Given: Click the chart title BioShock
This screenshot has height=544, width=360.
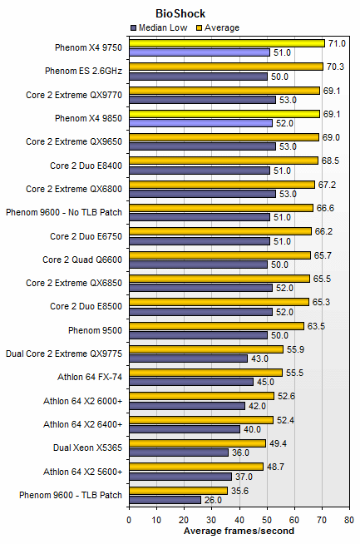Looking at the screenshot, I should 180,13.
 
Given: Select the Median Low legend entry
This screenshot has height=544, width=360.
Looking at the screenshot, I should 164,27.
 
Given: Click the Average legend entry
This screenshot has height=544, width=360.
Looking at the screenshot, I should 217,27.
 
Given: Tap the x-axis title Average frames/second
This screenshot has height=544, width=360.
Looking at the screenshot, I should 239,531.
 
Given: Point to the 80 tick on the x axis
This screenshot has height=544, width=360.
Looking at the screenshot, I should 348,519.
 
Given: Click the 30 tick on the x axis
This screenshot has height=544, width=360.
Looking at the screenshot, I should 211,519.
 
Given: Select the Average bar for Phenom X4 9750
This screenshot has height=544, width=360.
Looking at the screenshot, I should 226,43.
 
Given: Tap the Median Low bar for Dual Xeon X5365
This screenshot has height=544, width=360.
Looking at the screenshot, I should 178,453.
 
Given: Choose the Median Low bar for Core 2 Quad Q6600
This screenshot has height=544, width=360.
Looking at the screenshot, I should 198,265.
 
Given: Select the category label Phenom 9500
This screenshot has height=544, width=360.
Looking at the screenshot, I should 99,330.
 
